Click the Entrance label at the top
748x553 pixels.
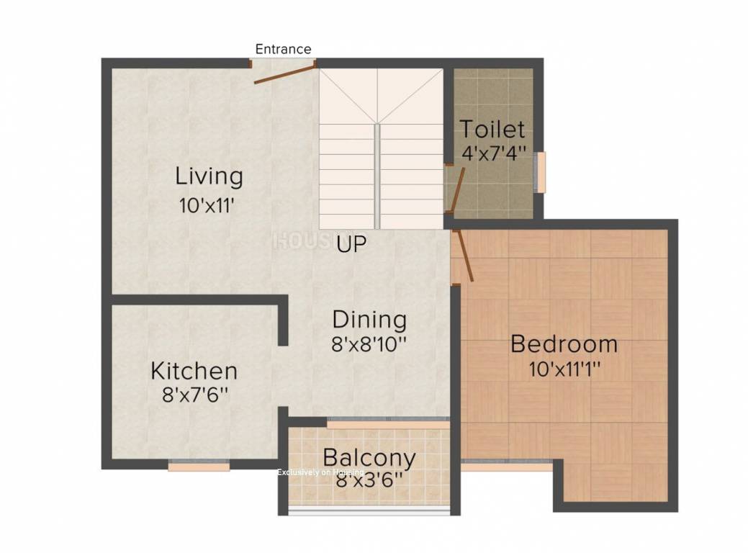point(283,49)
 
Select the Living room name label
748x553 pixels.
point(209,176)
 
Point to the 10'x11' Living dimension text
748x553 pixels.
point(208,204)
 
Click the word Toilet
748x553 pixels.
point(492,130)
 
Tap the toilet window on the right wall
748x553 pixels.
point(539,172)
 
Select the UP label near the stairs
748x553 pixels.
point(351,244)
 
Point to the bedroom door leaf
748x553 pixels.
point(462,255)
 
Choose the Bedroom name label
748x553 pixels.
point(564,344)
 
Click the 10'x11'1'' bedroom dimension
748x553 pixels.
point(564,369)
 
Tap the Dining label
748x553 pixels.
point(369,319)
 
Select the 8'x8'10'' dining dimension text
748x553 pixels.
point(369,344)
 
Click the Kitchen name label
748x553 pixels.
point(194,371)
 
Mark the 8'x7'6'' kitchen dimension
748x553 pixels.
point(195,395)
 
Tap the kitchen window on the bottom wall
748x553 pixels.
point(199,467)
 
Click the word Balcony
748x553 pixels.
point(369,457)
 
